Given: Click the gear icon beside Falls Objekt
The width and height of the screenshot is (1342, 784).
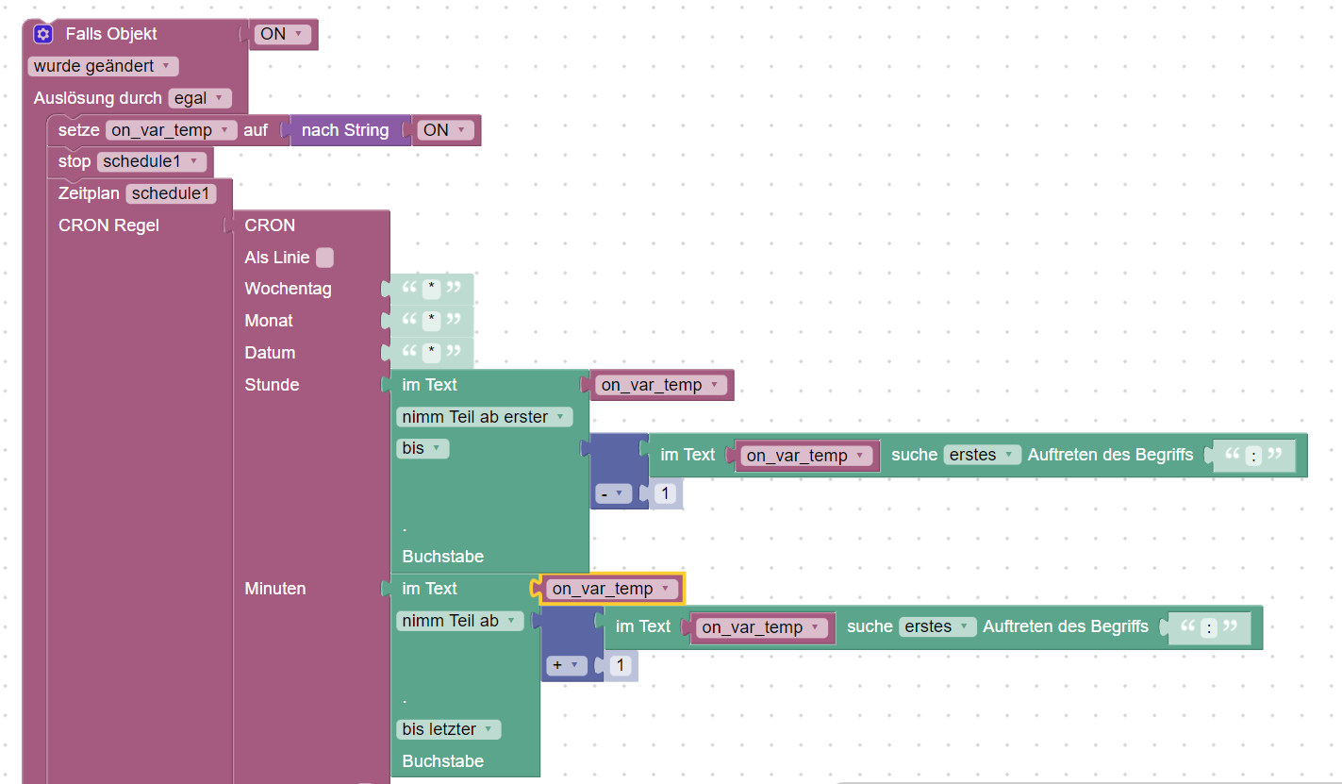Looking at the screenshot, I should tap(42, 34).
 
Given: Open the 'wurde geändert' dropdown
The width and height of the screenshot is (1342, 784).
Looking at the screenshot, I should tap(103, 66).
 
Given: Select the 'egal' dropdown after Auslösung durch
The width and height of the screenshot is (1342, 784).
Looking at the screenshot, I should tap(199, 98).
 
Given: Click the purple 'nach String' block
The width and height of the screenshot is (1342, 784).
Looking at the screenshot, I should tap(344, 130).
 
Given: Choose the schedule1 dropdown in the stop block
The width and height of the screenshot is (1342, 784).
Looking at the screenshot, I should tap(151, 161).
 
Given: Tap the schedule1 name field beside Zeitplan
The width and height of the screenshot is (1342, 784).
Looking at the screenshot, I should tap(172, 193).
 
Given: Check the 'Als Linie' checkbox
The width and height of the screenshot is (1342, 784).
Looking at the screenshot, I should tap(324, 258).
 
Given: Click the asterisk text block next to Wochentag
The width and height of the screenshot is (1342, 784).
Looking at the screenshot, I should tap(432, 289).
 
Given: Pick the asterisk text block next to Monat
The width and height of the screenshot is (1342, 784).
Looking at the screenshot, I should tap(432, 321).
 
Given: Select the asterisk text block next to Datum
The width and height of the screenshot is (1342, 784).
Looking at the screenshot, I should tap(432, 353).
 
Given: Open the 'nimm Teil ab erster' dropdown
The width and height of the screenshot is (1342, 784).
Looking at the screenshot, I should tap(484, 417).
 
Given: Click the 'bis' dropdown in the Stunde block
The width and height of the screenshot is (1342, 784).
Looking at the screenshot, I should tap(423, 449).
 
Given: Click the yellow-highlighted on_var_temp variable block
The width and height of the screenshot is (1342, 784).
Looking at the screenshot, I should tap(612, 589).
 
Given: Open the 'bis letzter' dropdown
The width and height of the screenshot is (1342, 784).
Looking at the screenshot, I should tap(448, 729).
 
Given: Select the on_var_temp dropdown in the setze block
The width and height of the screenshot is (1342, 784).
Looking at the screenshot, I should tap(171, 130).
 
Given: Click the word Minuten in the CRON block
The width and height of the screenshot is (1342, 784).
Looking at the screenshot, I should tap(275, 589).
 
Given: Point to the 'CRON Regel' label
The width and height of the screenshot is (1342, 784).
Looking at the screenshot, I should tap(108, 225).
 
